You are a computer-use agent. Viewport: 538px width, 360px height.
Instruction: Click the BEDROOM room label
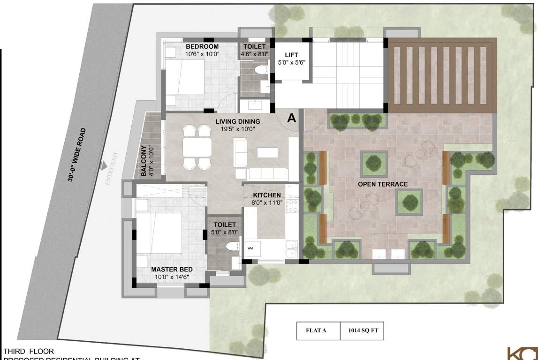coord(202,46)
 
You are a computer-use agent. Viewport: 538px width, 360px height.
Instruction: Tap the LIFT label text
coord(291,55)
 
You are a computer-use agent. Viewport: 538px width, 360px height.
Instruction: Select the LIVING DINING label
coord(237,122)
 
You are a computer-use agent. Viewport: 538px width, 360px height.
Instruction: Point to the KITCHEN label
coord(267,195)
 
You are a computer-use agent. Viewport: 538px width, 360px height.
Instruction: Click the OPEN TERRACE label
coord(383,184)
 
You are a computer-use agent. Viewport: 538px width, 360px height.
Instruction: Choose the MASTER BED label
coord(172,270)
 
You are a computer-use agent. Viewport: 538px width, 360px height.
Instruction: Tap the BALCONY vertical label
coord(144,161)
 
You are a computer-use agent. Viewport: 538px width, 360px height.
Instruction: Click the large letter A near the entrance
coord(291,118)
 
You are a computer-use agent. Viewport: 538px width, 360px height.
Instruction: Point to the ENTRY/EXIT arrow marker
coord(102,166)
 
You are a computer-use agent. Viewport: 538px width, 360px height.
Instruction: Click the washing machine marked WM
coord(251,248)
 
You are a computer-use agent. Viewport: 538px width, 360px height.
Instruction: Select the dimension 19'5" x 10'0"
coord(237,129)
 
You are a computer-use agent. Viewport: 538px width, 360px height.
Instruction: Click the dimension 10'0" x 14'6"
coord(172,277)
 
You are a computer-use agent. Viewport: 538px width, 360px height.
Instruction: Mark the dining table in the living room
coord(197,147)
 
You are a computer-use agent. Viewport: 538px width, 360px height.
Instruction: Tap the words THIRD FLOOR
coord(29,351)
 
